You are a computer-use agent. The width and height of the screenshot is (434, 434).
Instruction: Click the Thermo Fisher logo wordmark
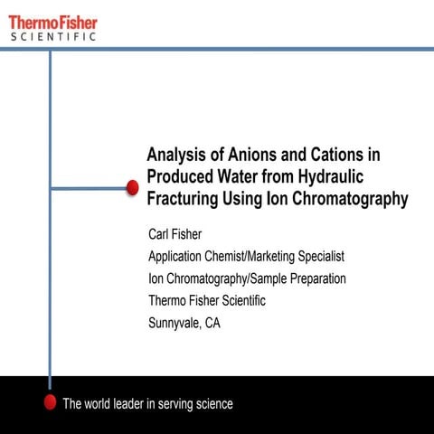point(53,21)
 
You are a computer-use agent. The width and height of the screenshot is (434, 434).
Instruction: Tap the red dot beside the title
point(131,188)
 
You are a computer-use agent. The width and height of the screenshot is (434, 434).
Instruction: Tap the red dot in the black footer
point(50,403)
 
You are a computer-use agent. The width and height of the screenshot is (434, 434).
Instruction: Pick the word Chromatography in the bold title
point(345,199)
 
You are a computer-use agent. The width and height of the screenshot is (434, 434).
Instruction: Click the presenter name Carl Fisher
point(176,235)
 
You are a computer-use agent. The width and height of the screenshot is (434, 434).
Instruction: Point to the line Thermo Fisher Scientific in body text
point(207,300)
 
